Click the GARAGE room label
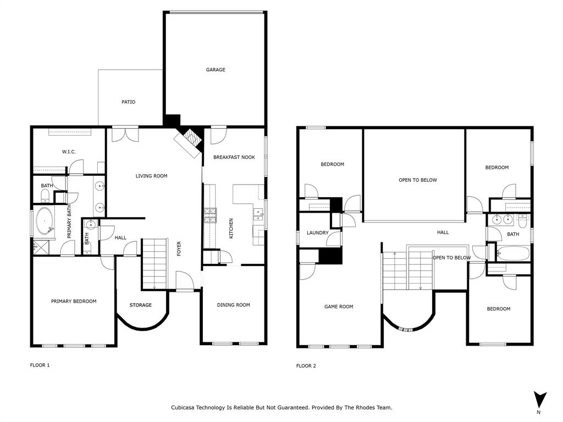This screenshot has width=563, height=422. [216, 70]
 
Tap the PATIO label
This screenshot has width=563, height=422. [128, 102]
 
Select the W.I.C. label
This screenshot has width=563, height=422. [68, 152]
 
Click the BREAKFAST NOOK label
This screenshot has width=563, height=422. [234, 157]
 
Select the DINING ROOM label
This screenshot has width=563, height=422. [233, 305]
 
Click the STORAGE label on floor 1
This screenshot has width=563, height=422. [140, 305]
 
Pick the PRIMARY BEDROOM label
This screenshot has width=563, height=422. [74, 301]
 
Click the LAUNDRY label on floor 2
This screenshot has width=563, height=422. [317, 233]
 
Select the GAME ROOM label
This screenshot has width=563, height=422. [339, 307]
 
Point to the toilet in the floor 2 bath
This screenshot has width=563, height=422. [522, 221]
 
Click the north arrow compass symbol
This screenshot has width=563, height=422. [540, 400]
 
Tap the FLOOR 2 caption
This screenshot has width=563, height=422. [306, 365]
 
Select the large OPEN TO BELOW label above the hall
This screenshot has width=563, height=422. [418, 180]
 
